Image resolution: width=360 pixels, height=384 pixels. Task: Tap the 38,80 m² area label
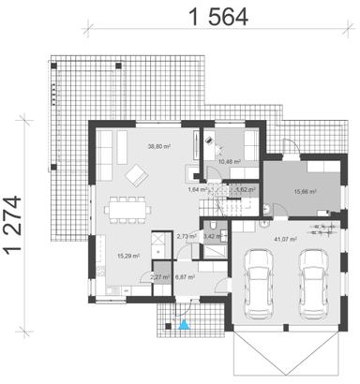coord(157,146)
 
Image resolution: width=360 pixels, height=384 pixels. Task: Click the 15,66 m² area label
coord(306,191)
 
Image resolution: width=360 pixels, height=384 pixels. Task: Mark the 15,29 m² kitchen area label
coord(127,255)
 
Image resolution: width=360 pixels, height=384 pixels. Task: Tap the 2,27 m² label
coord(160,278)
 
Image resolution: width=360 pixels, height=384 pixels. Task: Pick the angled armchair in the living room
coord(137,174)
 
